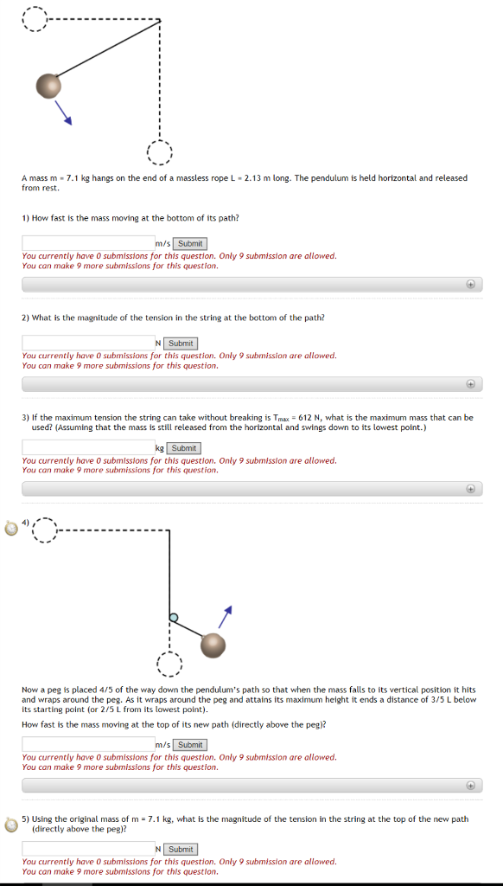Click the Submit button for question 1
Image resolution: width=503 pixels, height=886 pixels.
pyautogui.click(x=190, y=244)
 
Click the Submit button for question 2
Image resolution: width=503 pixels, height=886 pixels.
pyautogui.click(x=181, y=343)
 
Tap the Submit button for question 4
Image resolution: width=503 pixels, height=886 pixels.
pyautogui.click(x=190, y=745)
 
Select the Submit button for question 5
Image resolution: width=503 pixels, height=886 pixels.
pyautogui.click(x=181, y=850)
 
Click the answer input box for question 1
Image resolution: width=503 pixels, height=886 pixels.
pyautogui.click(x=88, y=244)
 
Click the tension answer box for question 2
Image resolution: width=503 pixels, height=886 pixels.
pyautogui.click(x=88, y=343)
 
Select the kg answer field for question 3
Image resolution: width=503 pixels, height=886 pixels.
pyautogui.click(x=88, y=448)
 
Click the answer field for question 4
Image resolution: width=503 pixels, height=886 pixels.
pyautogui.click(x=88, y=745)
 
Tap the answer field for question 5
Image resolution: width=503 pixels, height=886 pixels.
pyautogui.click(x=88, y=850)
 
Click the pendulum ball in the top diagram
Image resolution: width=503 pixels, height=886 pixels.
pyautogui.click(x=49, y=86)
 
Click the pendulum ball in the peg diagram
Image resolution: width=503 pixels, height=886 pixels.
pyautogui.click(x=213, y=645)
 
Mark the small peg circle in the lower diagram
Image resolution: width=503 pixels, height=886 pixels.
pyautogui.click(x=174, y=617)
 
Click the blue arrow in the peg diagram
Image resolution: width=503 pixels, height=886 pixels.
pyautogui.click(x=226, y=615)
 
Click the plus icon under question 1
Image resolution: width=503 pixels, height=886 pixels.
pyautogui.click(x=470, y=284)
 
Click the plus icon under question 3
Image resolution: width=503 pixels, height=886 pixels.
pyautogui.click(x=470, y=488)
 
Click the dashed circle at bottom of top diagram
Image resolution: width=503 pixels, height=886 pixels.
pyautogui.click(x=159, y=154)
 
